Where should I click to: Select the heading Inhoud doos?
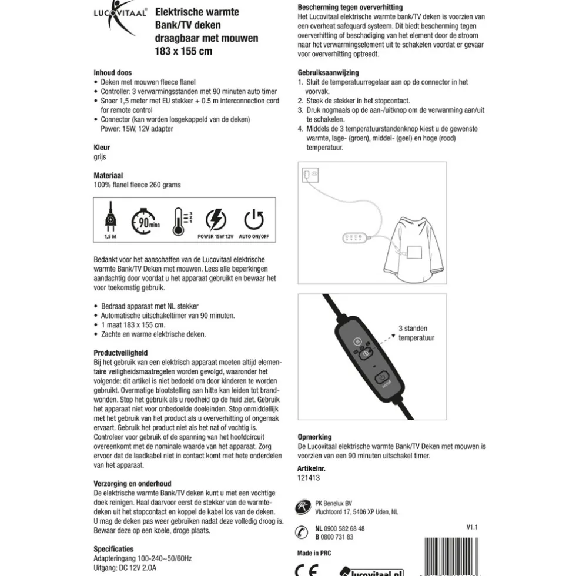click(x=113, y=73)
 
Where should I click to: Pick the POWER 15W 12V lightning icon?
click(x=216, y=220)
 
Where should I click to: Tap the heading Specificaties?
click(x=114, y=550)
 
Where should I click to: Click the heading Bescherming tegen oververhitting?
click(x=350, y=8)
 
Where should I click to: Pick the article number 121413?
click(x=309, y=478)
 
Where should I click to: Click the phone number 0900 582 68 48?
click(x=344, y=528)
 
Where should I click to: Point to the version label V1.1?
click(x=472, y=528)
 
